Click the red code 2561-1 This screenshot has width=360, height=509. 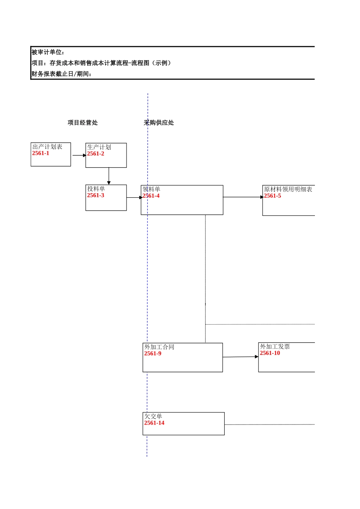41,153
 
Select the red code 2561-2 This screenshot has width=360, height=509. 95,154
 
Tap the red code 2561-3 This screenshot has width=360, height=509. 95,195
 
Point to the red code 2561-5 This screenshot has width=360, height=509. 272,196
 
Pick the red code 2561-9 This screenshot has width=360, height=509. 153,354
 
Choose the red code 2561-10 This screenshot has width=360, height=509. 270,353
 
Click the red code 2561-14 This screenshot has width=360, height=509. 154,423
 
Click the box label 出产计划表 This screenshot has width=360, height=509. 47,147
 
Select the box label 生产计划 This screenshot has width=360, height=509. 99,147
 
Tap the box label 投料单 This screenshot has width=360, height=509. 96,189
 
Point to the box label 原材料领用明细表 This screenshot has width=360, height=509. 288,189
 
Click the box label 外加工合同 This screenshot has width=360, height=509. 159,347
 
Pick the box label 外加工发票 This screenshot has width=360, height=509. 275,347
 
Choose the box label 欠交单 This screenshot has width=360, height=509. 153,416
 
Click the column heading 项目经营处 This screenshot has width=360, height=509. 83,123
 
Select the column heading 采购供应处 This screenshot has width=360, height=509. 159,123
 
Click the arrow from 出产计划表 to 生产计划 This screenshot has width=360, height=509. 78,155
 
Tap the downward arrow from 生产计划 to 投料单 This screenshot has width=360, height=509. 109,176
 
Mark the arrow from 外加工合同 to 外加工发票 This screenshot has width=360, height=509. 240,357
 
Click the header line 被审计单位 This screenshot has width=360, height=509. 48,52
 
